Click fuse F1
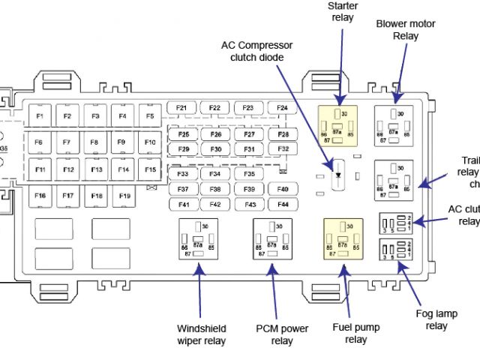coord(40,116)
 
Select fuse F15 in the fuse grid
coord(150,170)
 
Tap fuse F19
coord(122,196)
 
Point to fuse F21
coord(181,108)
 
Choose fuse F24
coord(282,108)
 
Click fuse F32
coord(282,148)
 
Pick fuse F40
coord(282,189)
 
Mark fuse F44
coord(282,204)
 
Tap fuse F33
coord(181,174)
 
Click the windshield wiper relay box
coord(198,239)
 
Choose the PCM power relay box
coord(271,239)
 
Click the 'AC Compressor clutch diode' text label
coord(256,51)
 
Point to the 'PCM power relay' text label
coord(281,334)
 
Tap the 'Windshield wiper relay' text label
coord(202,334)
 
